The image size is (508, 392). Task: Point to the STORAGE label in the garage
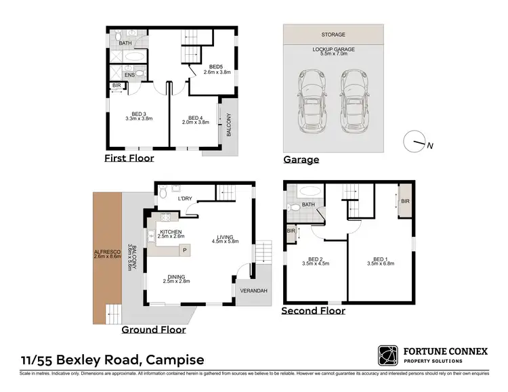pyautogui.click(x=333, y=35)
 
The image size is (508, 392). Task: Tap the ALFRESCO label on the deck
pyautogui.click(x=106, y=257)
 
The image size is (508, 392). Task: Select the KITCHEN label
pyautogui.click(x=171, y=233)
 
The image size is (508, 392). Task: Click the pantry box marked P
pyautogui.click(x=184, y=251)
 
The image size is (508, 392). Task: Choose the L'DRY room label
pyautogui.click(x=186, y=199)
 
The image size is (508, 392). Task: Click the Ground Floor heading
pyautogui.click(x=153, y=330)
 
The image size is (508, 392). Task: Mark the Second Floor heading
pyautogui.click(x=313, y=311)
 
